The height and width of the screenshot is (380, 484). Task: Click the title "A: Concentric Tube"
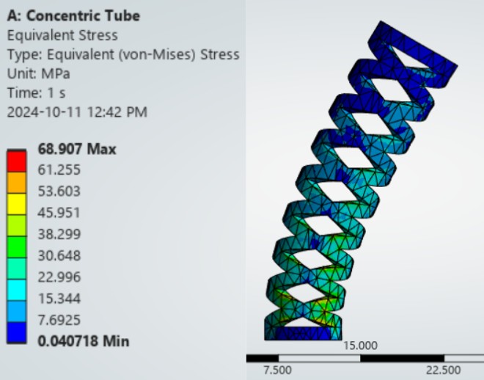pyautogui.click(x=73, y=15)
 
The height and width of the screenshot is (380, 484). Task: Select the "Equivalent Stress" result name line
pyautogui.click(x=62, y=35)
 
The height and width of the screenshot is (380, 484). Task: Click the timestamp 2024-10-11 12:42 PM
pyautogui.click(x=77, y=112)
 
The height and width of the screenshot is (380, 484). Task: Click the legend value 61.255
pyautogui.click(x=59, y=170)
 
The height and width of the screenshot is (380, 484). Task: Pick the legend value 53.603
pyautogui.click(x=59, y=191)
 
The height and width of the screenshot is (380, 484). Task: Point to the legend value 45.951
pyautogui.click(x=59, y=213)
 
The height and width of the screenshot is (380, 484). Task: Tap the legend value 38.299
pyautogui.click(x=59, y=234)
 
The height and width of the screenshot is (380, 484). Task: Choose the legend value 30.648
pyautogui.click(x=59, y=255)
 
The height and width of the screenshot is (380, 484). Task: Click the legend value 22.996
pyautogui.click(x=59, y=277)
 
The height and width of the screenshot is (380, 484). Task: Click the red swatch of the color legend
pyautogui.click(x=17, y=159)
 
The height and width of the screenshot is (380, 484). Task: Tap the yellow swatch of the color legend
pyautogui.click(x=17, y=202)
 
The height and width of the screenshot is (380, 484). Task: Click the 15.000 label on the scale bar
pyautogui.click(x=360, y=346)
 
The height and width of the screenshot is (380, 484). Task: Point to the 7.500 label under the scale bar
pyautogui.click(x=277, y=370)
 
